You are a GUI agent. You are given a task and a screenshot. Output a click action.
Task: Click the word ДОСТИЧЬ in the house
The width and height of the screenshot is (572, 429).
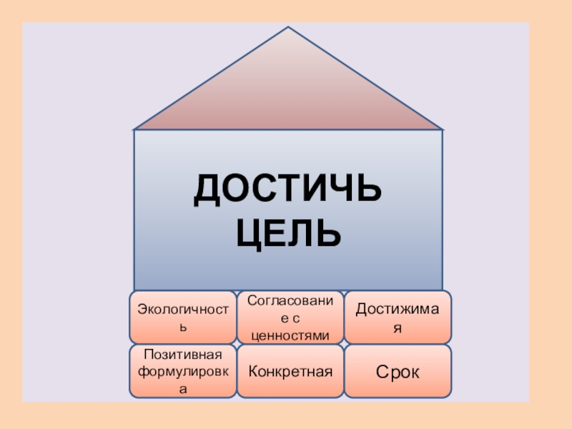(x=287, y=191)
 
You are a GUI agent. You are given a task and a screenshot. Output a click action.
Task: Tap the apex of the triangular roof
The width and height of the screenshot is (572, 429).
(x=288, y=28)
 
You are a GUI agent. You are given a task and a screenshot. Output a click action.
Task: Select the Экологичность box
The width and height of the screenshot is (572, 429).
(x=182, y=317)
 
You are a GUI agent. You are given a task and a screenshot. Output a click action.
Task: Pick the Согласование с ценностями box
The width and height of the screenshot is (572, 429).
(x=290, y=317)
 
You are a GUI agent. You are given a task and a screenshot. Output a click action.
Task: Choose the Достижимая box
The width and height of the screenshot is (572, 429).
(x=398, y=317)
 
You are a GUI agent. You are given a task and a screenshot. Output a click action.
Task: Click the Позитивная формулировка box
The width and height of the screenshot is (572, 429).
(x=182, y=371)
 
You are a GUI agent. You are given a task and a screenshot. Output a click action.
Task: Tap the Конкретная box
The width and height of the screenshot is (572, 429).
(x=290, y=371)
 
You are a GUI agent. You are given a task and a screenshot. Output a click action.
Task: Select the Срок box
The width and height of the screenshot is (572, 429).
(x=398, y=371)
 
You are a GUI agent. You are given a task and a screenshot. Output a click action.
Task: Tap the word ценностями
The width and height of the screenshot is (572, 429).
(x=290, y=334)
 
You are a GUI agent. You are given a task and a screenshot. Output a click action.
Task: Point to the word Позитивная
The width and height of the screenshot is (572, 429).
(x=183, y=355)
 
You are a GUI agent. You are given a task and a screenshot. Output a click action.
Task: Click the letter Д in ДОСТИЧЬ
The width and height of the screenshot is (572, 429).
(x=206, y=191)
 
